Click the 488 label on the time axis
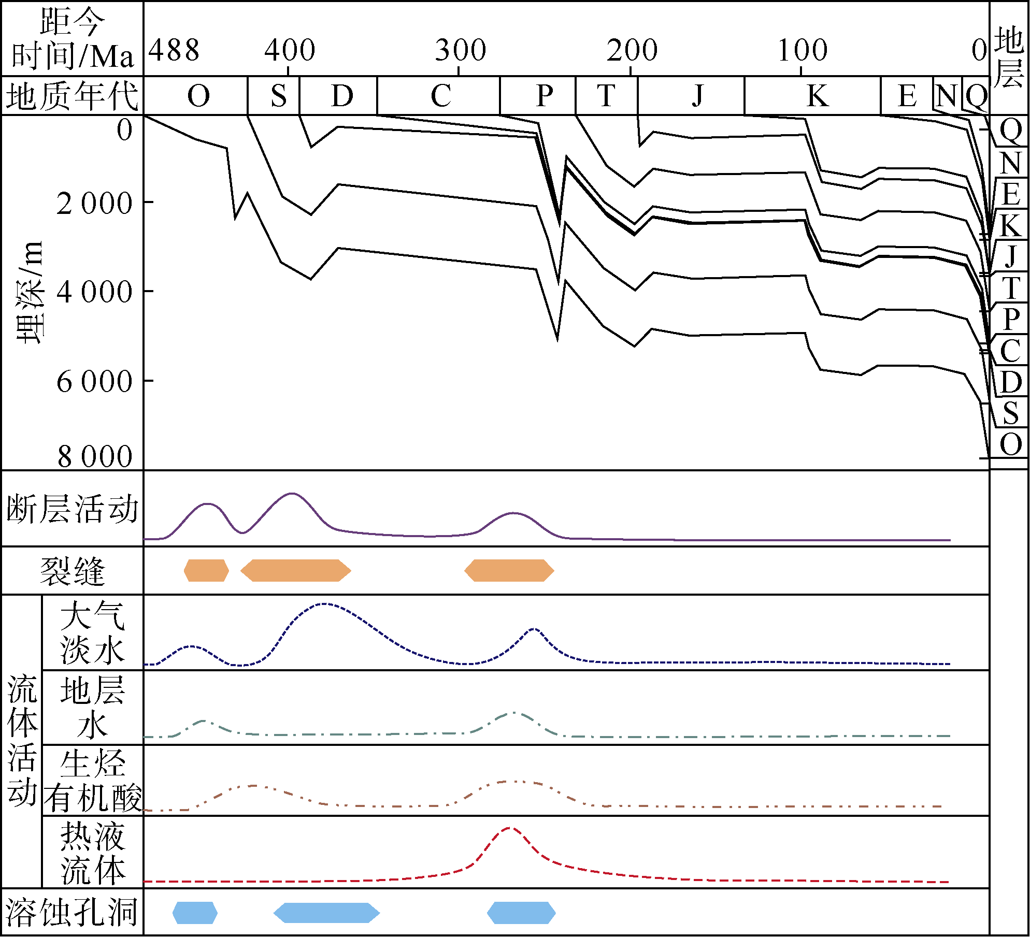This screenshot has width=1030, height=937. pos(174,51)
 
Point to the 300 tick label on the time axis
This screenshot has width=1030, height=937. pos(460,51)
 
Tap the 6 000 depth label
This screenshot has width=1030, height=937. pos(94,382)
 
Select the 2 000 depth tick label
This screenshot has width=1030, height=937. pos(94,204)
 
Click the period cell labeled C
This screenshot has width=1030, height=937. pos(440,96)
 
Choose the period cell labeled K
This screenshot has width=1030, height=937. pos(817,96)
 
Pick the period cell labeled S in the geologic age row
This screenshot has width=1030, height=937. pos(279,96)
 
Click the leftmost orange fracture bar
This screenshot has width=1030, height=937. pos(206,571)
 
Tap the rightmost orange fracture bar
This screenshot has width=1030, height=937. pos(509,571)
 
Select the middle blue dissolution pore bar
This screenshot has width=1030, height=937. pos(326,913)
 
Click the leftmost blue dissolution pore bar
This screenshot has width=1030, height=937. pos(195,913)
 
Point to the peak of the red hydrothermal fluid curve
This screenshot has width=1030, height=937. pos(509,828)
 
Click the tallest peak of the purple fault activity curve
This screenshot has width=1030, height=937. pos(292,494)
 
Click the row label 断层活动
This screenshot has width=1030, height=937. pos(73,509)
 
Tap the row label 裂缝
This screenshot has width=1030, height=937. pos(73,571)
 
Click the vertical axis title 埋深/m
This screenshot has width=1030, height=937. pos(30,293)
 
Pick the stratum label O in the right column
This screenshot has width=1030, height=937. pos(1011,444)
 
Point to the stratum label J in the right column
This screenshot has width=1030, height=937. pos(1011,256)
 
